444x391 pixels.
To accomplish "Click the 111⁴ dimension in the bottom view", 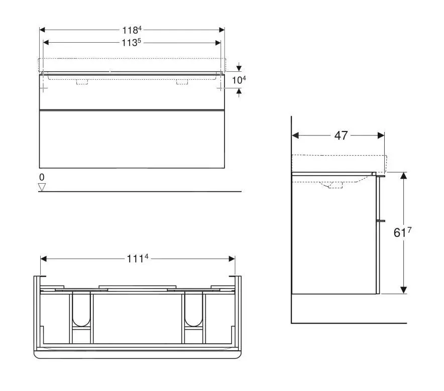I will pyautogui.click(x=138, y=258).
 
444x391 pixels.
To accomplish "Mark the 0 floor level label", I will pyautogui.click(x=42, y=177).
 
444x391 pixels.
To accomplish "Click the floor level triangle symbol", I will pyautogui.click(x=42, y=187).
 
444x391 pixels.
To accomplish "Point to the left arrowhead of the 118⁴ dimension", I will pyautogui.click(x=42, y=30).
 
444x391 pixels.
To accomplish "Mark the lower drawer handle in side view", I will pyautogui.click(x=380, y=220).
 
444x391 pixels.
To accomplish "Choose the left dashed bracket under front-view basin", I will pyautogui.click(x=82, y=81).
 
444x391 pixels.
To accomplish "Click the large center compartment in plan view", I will pyautogui.click(x=138, y=319).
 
